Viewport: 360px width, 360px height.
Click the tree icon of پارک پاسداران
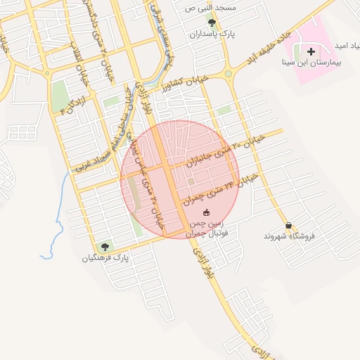pyautogui.click(x=212, y=23)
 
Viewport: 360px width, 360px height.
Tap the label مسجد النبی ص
pyautogui.click(x=212, y=8)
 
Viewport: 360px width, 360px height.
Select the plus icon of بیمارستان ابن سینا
pyautogui.click(x=311, y=51)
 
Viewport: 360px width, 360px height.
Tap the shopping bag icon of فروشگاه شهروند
pyautogui.click(x=288, y=226)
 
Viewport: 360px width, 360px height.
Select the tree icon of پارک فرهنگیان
pyautogui.click(x=105, y=247)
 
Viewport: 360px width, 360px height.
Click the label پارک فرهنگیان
pyautogui.click(x=106, y=258)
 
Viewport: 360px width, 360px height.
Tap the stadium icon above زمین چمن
pyautogui.click(x=206, y=212)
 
